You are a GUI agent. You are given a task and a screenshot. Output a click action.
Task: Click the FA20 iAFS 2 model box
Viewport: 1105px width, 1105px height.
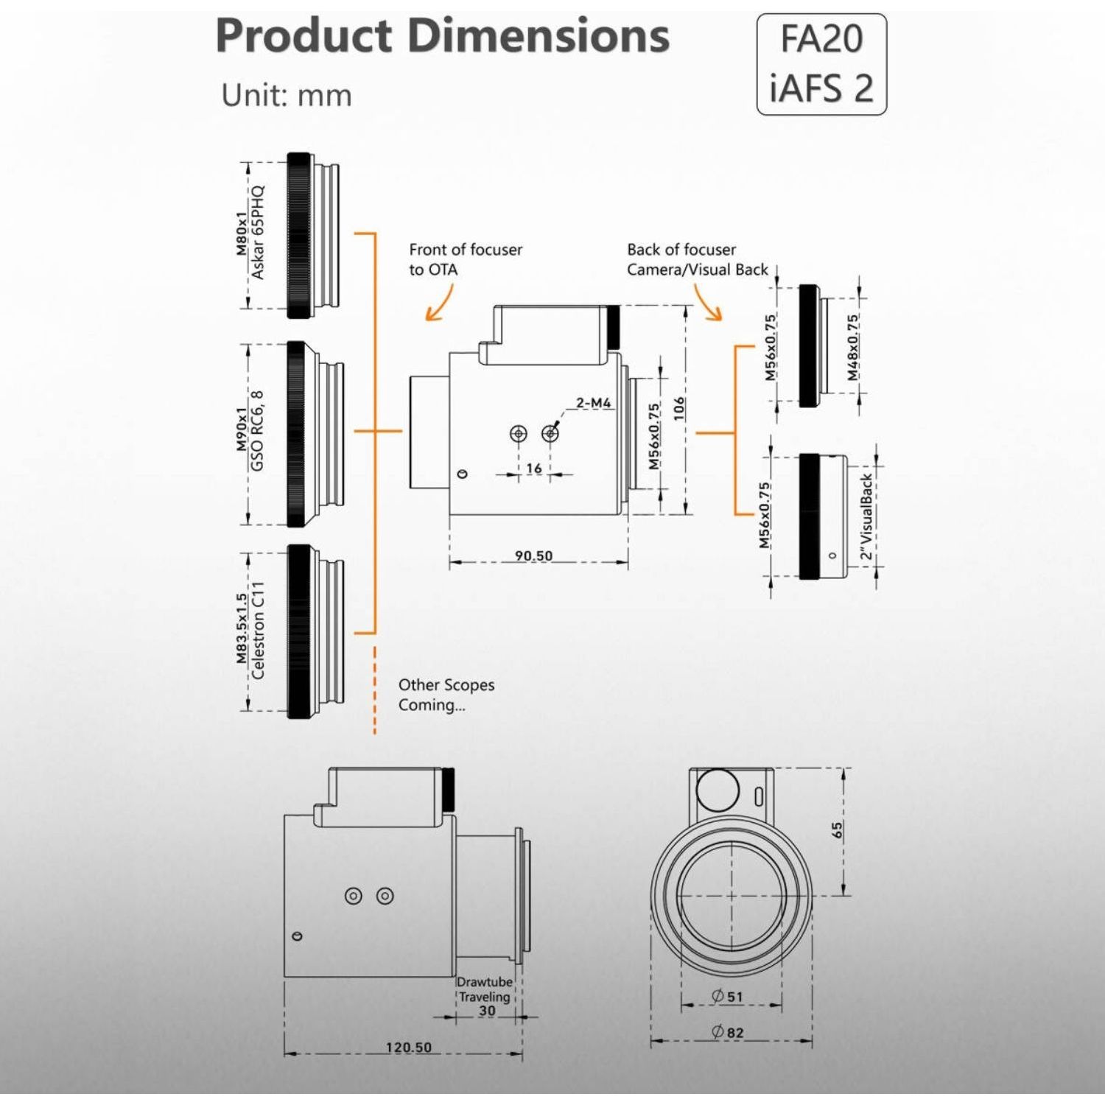coord(821,64)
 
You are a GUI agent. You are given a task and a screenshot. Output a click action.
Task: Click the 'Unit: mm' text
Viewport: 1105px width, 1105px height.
coord(287,96)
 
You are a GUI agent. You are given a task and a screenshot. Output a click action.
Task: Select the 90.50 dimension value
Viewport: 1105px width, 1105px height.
coord(533,555)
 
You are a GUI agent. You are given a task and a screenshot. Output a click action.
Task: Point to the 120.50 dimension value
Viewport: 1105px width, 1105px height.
coord(409,1047)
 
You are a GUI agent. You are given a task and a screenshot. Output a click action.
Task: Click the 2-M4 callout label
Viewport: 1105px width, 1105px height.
coord(593,403)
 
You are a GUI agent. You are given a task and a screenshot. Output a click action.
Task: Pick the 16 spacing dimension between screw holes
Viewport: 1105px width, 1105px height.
coord(534,468)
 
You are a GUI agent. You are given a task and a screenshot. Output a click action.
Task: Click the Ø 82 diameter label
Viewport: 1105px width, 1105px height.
coord(728,1032)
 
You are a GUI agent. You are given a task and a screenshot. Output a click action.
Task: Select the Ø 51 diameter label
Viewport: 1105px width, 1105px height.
coord(728,997)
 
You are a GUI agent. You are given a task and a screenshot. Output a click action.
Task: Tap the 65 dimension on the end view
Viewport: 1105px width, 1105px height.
coord(837,830)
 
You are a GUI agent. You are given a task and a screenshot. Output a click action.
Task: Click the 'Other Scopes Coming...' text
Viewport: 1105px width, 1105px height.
coord(446,695)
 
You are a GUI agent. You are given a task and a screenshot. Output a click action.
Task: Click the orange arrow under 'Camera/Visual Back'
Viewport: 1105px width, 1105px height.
coord(707,303)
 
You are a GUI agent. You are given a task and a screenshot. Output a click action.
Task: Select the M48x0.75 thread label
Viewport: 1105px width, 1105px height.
coord(852,348)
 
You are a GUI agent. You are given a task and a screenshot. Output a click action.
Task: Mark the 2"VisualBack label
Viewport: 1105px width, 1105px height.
coord(866,516)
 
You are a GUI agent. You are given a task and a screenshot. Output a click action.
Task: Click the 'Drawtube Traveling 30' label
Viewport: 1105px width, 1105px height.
coord(485,997)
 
